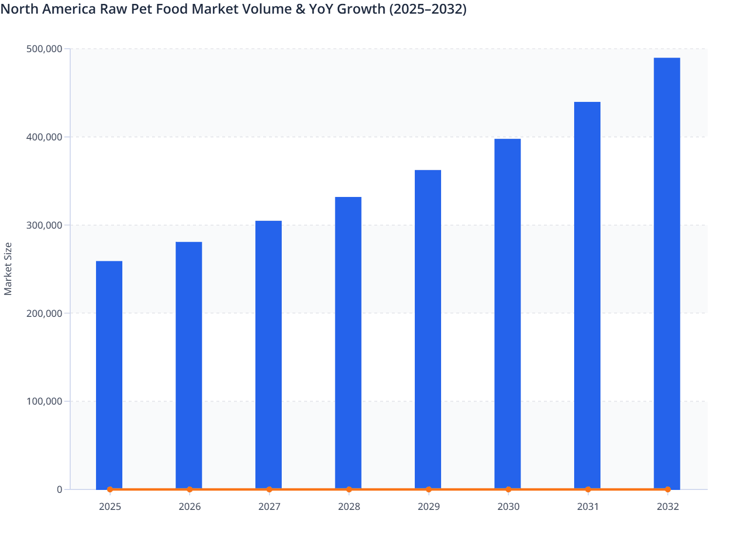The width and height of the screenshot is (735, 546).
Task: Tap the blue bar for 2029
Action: (428, 329)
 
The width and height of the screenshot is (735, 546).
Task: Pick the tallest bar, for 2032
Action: (667, 273)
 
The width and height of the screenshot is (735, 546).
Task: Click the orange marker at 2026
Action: (190, 489)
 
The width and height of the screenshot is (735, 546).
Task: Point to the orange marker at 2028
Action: (349, 489)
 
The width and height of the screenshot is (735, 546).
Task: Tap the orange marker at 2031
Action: (588, 489)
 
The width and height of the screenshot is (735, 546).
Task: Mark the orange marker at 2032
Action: (668, 489)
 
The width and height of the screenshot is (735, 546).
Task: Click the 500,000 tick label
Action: (44, 49)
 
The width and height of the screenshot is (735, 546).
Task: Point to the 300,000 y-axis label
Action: (44, 225)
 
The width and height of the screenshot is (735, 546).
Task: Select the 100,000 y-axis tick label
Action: (44, 401)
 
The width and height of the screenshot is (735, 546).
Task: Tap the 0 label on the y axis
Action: (59, 489)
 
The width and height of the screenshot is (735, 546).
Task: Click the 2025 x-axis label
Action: (110, 507)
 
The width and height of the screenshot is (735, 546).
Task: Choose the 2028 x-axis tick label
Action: (349, 507)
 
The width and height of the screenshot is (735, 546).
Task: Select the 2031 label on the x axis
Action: (588, 507)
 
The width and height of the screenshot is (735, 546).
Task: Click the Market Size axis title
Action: (8, 269)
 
